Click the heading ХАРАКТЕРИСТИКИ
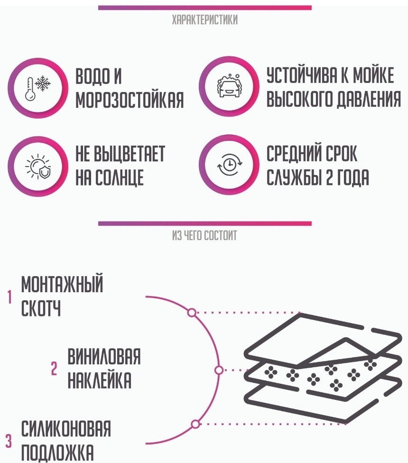(x=204, y=20)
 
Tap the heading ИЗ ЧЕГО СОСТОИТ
(x=204, y=236)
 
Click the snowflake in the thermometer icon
(x=43, y=83)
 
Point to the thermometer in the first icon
(x=29, y=89)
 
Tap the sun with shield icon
(x=38, y=166)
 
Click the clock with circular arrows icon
(x=230, y=165)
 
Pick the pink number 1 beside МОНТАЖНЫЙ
(x=10, y=297)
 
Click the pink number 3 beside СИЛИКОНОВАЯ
(x=9, y=442)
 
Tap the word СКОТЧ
(x=41, y=308)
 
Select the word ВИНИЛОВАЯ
(x=104, y=356)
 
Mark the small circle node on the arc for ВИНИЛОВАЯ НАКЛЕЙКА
(x=219, y=370)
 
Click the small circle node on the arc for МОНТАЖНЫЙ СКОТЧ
(x=192, y=313)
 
